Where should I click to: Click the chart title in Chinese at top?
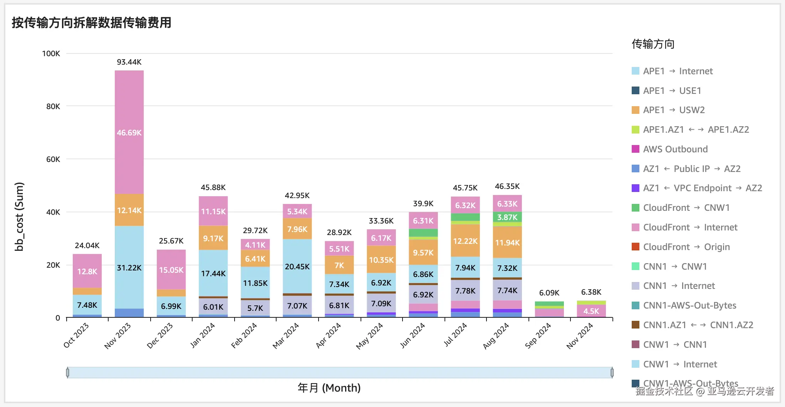tap(92, 23)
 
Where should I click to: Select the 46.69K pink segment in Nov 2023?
tap(129, 133)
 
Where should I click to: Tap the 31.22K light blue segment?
tap(129, 267)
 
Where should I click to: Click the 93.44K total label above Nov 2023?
tap(129, 62)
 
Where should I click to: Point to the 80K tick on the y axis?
tap(53, 106)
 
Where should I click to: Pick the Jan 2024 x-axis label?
tap(203, 335)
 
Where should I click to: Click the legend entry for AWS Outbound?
tap(675, 149)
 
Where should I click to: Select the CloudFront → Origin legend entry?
tap(686, 247)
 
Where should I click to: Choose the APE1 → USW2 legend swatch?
tap(636, 110)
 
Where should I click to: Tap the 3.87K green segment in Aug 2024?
tap(507, 217)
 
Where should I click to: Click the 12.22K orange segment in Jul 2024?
tap(465, 241)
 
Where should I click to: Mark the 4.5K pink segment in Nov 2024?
tap(591, 311)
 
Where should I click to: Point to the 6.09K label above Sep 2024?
tap(549, 293)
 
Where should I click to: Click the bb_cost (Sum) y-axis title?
tap(19, 217)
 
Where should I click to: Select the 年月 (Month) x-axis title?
tap(329, 388)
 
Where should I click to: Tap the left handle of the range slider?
tap(68, 372)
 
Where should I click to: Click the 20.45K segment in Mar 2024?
tap(297, 267)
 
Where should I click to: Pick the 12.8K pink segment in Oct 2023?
tap(87, 271)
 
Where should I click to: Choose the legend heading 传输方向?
tap(653, 44)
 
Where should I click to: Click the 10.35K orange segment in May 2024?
tap(381, 260)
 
